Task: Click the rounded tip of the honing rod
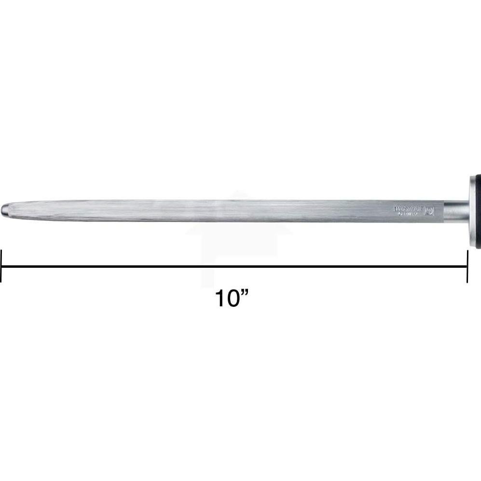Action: coord(4,211)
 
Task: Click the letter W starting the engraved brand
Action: coord(397,209)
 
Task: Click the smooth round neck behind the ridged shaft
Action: coord(456,212)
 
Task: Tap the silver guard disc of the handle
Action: coord(473,212)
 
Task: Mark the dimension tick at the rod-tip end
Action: coord(1,266)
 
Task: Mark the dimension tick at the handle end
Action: coord(467,266)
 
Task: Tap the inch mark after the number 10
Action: coord(248,293)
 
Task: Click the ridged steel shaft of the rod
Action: coord(217,211)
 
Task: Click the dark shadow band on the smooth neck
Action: coord(456,219)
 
